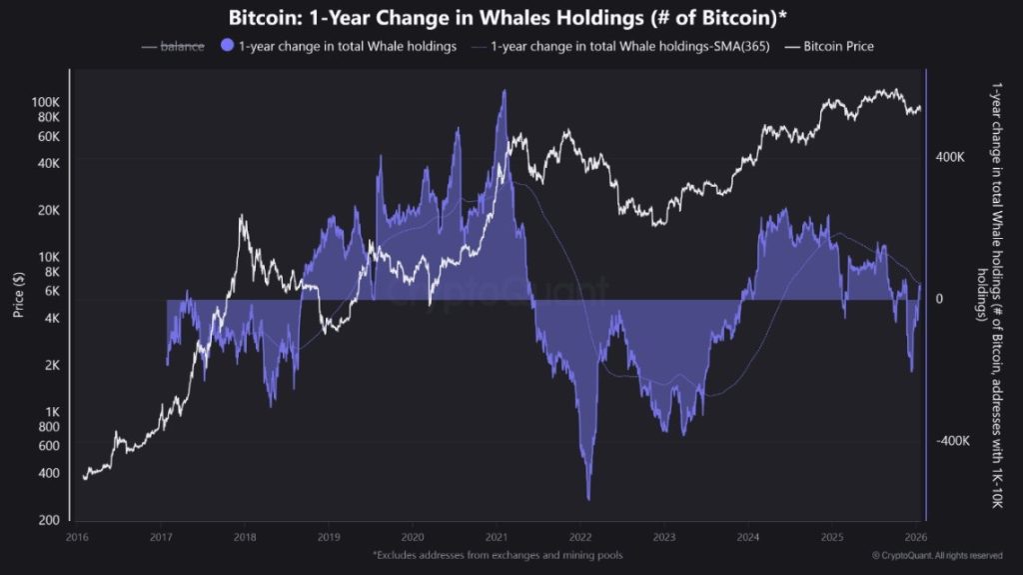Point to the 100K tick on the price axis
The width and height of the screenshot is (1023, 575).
pyautogui.click(x=46, y=102)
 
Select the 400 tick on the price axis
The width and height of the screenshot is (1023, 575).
pyautogui.click(x=50, y=473)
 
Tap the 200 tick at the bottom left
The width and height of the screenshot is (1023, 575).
pyautogui.click(x=50, y=520)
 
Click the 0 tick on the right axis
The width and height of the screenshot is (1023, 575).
pyautogui.click(x=938, y=299)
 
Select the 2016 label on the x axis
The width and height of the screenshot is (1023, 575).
pyautogui.click(x=76, y=537)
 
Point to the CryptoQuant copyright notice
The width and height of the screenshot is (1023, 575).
pyautogui.click(x=936, y=555)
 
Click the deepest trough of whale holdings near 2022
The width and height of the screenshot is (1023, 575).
pyautogui.click(x=588, y=498)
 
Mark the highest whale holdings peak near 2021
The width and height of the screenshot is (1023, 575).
pyautogui.click(x=504, y=91)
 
